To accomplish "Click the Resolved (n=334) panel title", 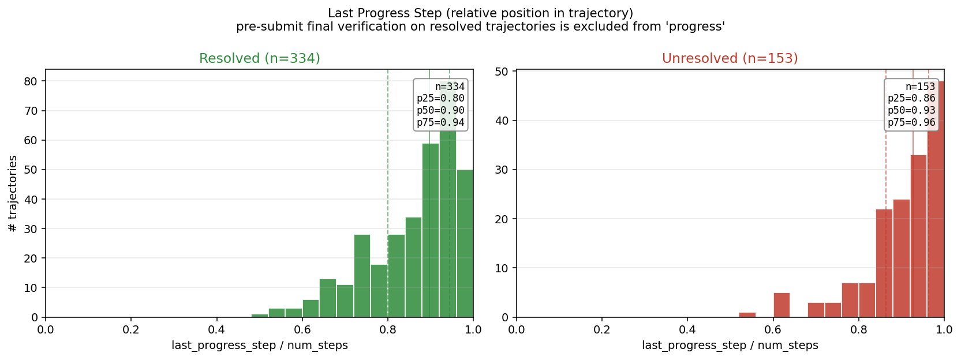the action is point(260,58).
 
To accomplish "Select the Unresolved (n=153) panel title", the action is point(730,58).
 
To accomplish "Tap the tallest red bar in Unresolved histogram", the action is point(936,200).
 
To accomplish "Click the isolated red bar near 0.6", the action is point(781,305).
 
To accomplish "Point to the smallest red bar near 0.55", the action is point(747,315).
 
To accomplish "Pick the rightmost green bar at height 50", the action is point(465,243).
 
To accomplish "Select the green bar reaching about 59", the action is point(431,230).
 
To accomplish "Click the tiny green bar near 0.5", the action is point(260,316).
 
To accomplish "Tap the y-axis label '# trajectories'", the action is point(13,193).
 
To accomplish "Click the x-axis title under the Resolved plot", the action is point(260,346).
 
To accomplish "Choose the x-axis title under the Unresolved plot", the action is point(730,346).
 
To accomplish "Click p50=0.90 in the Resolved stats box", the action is point(440,111).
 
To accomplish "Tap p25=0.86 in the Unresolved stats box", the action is point(911,99).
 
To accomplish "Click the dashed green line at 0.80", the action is point(388,193).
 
